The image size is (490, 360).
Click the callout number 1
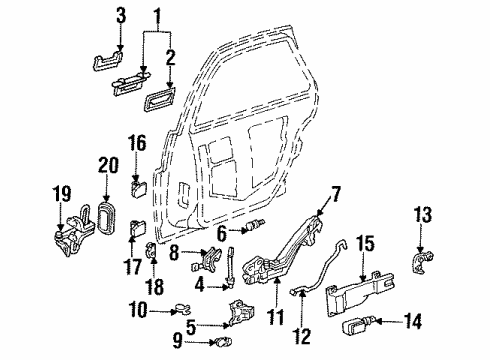pos(154,17)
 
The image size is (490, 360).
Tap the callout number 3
pos(120,15)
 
